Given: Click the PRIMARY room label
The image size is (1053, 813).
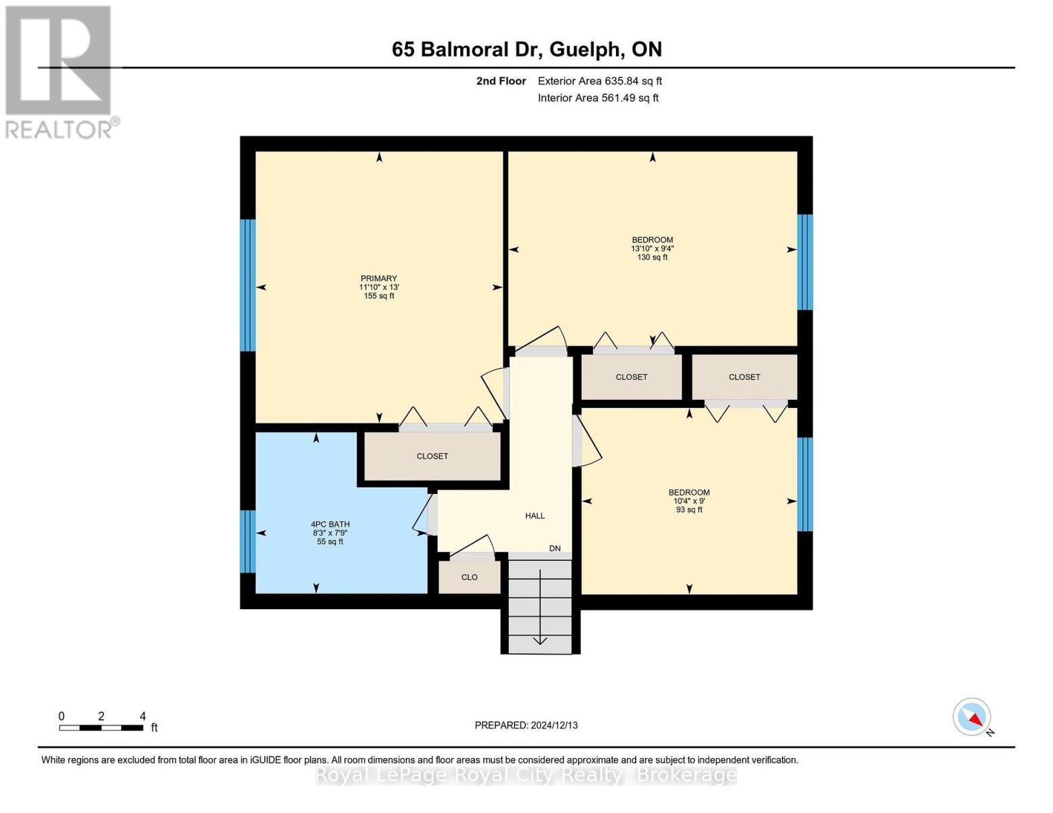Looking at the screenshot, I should [x=378, y=278].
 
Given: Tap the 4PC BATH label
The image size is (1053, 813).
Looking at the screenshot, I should [x=330, y=524].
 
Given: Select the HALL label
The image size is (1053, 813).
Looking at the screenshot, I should [x=535, y=516].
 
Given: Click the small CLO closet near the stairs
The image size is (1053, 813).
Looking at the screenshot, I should [x=470, y=577].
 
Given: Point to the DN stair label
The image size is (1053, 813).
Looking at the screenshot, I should [x=555, y=548].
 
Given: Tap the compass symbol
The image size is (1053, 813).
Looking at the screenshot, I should [x=972, y=717].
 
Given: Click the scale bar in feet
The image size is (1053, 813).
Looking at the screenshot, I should [x=101, y=728].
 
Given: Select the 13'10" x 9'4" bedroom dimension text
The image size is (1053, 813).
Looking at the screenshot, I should [x=652, y=249].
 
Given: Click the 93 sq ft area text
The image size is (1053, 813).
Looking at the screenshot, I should [x=689, y=509].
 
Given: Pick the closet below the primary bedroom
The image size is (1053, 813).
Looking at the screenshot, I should [x=432, y=456].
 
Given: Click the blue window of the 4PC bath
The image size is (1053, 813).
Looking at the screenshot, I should [x=248, y=541].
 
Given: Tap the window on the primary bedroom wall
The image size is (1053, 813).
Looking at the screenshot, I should [x=248, y=285].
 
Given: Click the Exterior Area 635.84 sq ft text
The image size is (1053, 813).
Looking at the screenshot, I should [x=600, y=81].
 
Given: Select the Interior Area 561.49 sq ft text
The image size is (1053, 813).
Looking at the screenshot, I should [x=598, y=98].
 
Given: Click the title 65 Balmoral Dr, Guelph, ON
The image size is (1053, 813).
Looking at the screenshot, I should [x=526, y=49].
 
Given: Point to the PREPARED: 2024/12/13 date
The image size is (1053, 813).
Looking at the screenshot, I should [x=526, y=725].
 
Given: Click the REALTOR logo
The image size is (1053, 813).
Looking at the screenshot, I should [x=60, y=72].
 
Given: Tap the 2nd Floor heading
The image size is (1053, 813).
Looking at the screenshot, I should [x=501, y=81].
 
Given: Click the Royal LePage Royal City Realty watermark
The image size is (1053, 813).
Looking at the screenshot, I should [x=526, y=775].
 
